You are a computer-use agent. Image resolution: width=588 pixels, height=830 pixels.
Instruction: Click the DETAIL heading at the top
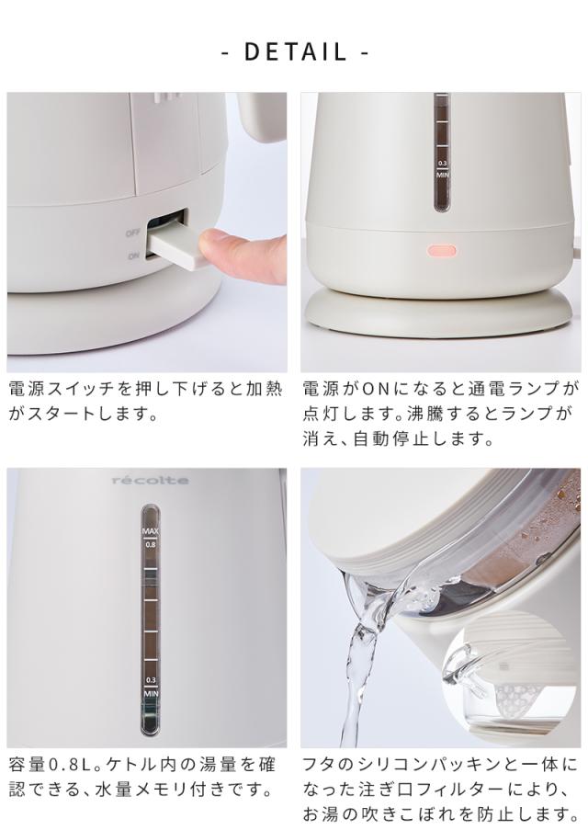click(294, 51)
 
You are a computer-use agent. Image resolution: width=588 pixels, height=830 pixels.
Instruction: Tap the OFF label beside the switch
click(132, 233)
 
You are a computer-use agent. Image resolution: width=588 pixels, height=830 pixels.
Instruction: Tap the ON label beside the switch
click(134, 256)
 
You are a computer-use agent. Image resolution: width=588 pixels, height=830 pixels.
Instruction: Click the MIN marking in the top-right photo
click(442, 173)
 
